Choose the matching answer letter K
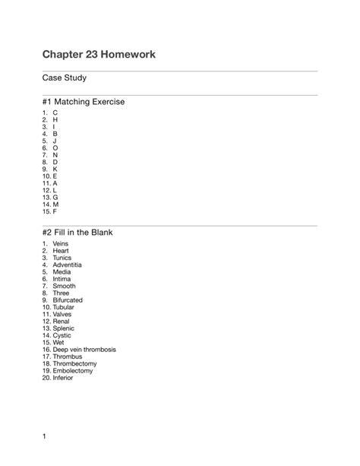(x=55, y=168)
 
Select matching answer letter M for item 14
(x=56, y=204)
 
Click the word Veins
(x=61, y=243)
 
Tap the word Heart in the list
(x=61, y=250)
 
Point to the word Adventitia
(x=68, y=265)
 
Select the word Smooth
(x=64, y=286)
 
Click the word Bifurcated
(x=68, y=300)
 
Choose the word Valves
(x=65, y=314)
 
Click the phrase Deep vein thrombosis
(x=84, y=350)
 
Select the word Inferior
(x=63, y=378)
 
